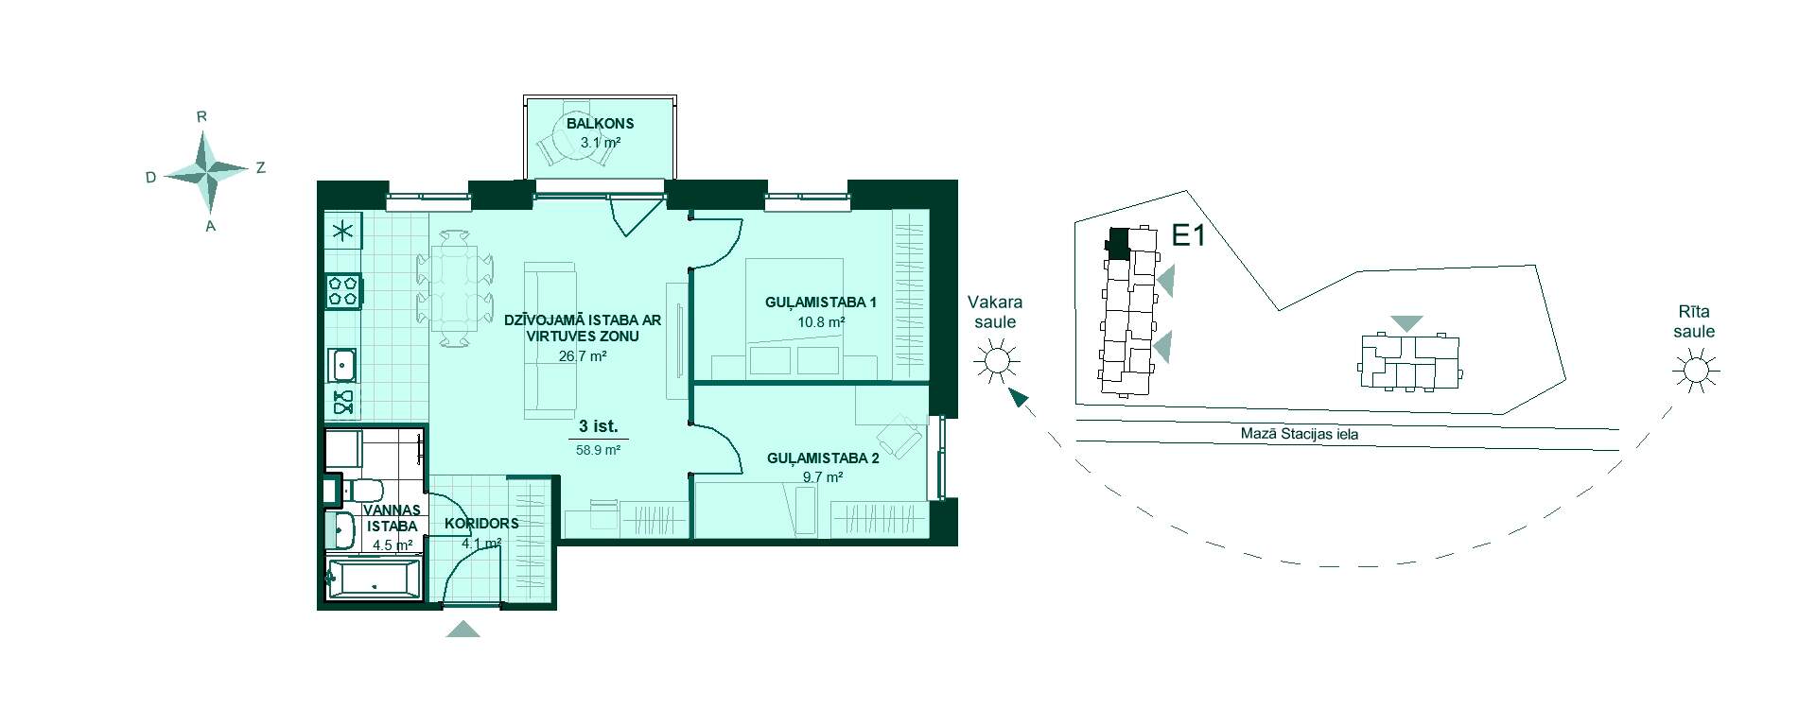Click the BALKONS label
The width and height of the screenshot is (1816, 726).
601,124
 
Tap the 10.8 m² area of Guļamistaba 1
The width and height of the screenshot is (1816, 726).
821,321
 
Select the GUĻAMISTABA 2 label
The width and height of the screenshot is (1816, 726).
823,459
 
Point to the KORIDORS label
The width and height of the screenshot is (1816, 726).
481,524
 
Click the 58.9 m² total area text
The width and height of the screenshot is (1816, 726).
598,451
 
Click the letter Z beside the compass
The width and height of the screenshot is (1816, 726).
261,168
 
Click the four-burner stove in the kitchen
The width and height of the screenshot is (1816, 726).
342,290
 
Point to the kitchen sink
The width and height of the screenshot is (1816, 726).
342,364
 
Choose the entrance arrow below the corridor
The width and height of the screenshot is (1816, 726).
463,630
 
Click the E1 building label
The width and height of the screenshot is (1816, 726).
1188,235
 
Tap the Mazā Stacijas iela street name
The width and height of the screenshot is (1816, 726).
1300,435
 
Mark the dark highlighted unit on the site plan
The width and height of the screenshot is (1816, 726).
1118,244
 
